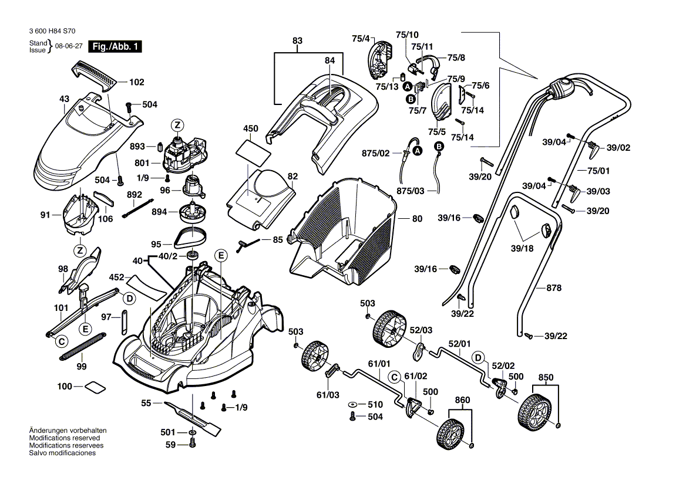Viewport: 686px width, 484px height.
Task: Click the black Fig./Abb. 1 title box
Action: pyautogui.click(x=115, y=47)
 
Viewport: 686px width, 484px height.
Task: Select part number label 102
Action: pyautogui.click(x=136, y=83)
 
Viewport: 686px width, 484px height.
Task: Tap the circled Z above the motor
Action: pyautogui.click(x=177, y=124)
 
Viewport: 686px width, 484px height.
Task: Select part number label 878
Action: pyautogui.click(x=554, y=288)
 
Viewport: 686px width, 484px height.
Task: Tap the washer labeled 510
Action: pyautogui.click(x=353, y=405)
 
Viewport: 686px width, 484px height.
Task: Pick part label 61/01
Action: pyautogui.click(x=379, y=364)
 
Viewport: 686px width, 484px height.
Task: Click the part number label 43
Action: pyautogui.click(x=64, y=99)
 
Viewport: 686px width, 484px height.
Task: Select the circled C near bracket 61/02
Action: pyautogui.click(x=394, y=376)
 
